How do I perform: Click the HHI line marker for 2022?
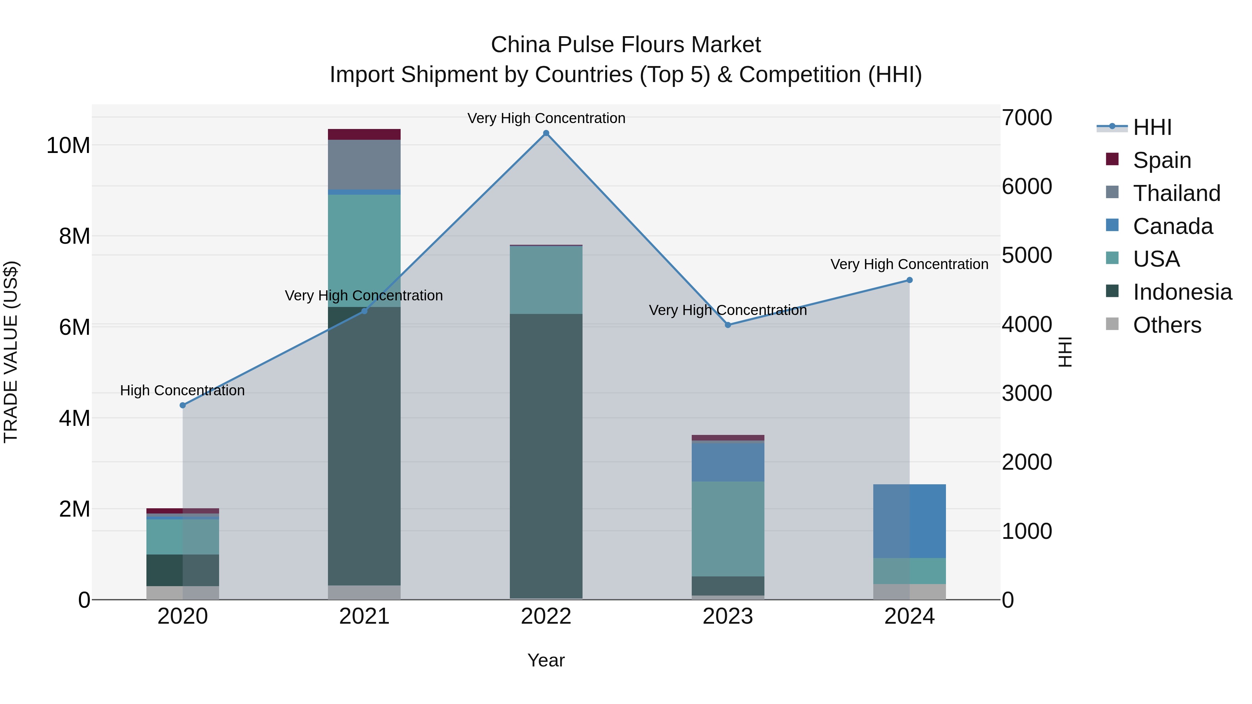pyautogui.click(x=546, y=133)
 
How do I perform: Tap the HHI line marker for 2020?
pyautogui.click(x=183, y=405)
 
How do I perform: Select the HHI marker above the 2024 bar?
pyautogui.click(x=909, y=280)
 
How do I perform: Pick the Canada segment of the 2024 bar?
pyautogui.click(x=909, y=521)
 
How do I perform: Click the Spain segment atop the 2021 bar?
pyautogui.click(x=364, y=134)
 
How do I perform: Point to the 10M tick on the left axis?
pyautogui.click(x=68, y=145)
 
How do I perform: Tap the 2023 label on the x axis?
pyautogui.click(x=728, y=616)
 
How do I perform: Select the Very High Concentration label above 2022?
pyautogui.click(x=546, y=118)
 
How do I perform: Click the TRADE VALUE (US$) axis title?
pyautogui.click(x=11, y=352)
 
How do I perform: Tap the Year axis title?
pyautogui.click(x=546, y=660)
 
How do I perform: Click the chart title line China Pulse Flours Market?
pyautogui.click(x=626, y=45)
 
